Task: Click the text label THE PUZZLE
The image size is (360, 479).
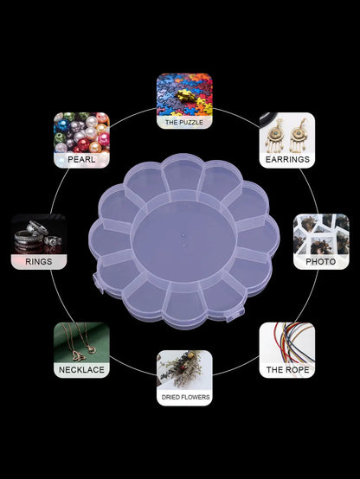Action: coord(184,122)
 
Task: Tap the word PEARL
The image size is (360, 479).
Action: coord(81,159)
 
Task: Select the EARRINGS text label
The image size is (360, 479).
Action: coord(287,159)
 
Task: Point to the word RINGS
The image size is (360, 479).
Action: coord(39,261)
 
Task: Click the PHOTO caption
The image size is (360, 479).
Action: coord(321,261)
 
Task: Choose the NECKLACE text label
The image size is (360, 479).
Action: coord(81,370)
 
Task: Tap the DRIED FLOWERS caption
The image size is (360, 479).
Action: coord(185,397)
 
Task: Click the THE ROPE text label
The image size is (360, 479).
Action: coord(287,370)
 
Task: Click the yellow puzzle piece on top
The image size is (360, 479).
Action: coord(186,96)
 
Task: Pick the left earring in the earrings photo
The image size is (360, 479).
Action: coord(274,136)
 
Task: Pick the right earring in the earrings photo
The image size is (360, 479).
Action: coord(299,136)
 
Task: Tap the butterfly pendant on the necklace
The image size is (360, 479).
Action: coord(80,356)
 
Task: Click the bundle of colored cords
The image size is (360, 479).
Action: coord(293,342)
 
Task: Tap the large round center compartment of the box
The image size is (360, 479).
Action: coord(183,240)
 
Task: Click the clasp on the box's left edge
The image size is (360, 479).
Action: coord(97,283)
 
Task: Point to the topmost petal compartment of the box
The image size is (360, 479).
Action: coord(183,174)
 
